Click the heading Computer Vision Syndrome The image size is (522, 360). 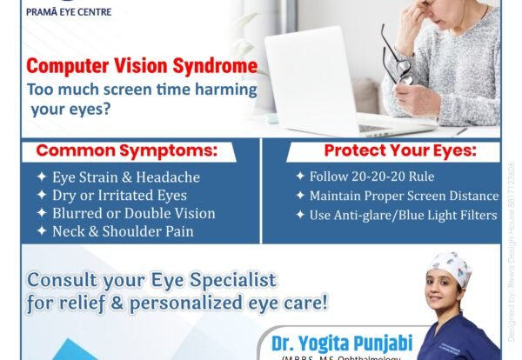pyautogui.click(x=142, y=67)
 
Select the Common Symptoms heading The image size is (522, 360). pyautogui.click(x=125, y=150)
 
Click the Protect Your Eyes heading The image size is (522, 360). pyautogui.click(x=393, y=150)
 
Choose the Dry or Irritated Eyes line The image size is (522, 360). pyautogui.click(x=119, y=195)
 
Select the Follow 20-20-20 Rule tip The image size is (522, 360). pyautogui.click(x=362, y=177)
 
